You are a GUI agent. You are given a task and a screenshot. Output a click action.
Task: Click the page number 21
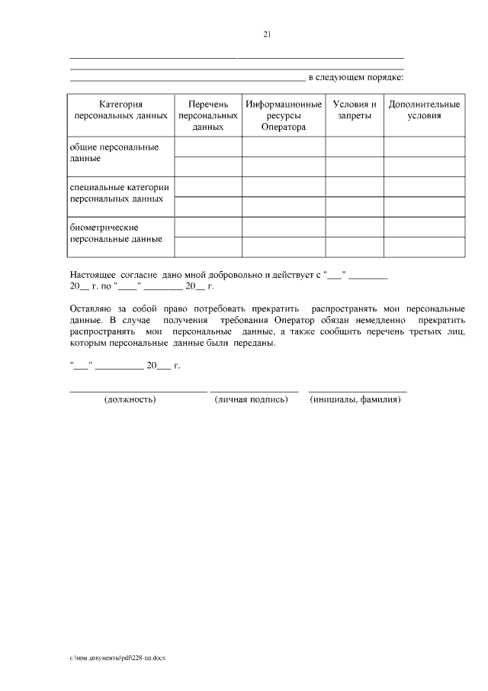coord(267,34)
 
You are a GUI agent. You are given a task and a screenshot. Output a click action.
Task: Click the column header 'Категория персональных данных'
coord(120,110)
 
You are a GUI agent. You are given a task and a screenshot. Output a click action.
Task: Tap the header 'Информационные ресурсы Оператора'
coord(283,115)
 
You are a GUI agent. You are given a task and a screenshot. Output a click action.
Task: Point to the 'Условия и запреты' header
coord(354,110)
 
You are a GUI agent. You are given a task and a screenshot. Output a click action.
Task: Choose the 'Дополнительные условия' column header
coord(424,110)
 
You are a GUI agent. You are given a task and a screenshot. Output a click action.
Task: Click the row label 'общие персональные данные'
coord(104,152)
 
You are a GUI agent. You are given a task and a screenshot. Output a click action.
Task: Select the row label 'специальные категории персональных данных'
coord(118,192)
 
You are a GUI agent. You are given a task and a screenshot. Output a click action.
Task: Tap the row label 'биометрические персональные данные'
coord(115,233)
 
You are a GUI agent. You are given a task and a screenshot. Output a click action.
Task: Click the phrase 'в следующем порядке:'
coord(355,77)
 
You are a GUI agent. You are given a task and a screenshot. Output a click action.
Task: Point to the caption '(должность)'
coord(130,399)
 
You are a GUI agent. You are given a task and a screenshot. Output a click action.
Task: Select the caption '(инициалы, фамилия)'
coord(355,399)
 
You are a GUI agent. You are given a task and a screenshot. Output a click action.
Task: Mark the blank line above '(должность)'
coord(138,391)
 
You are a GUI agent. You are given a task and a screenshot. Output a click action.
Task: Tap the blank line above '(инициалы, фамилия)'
coord(357,391)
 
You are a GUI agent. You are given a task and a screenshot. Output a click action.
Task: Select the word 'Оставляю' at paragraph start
coord(89,308)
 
